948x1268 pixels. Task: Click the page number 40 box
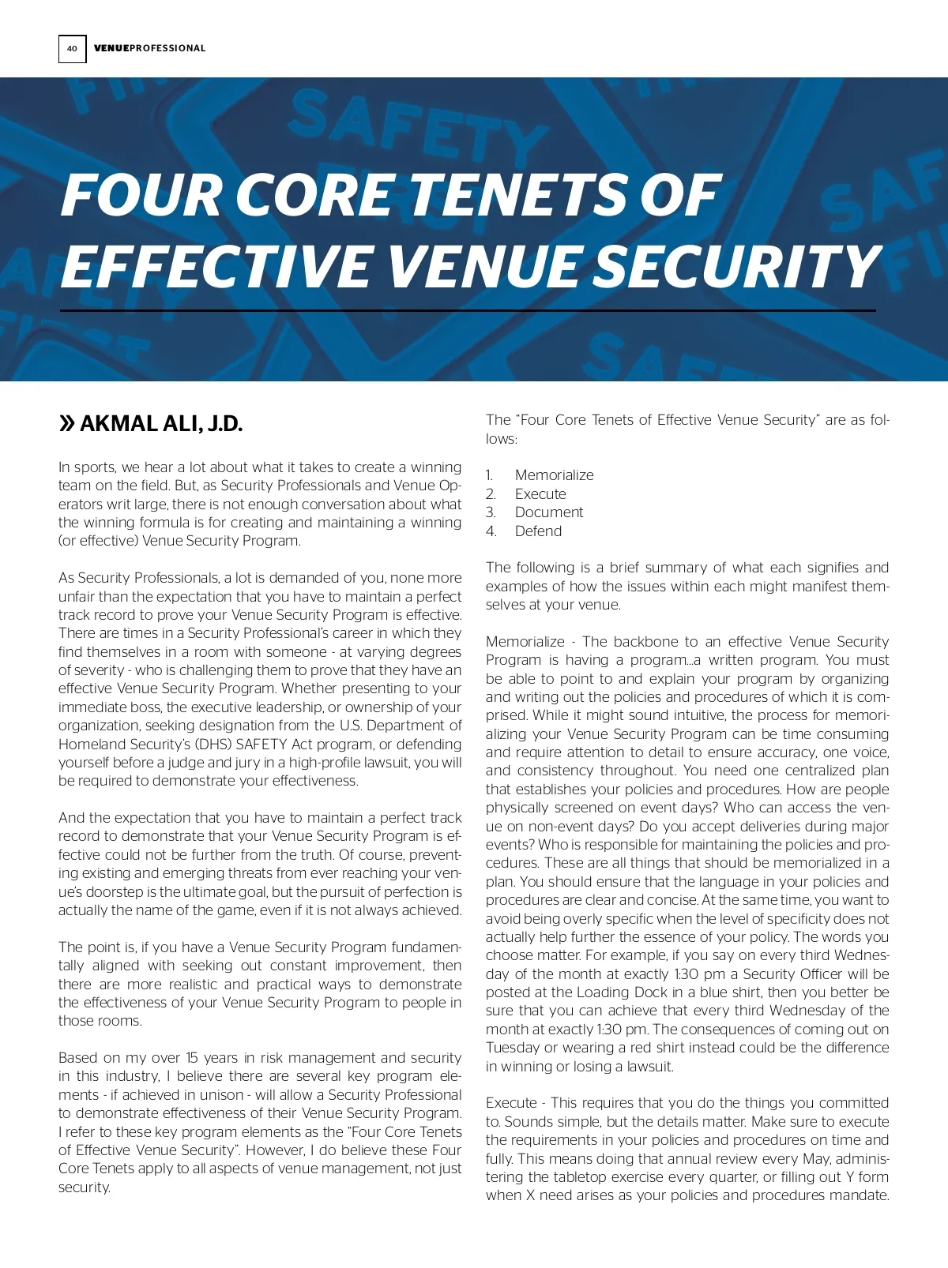click(x=72, y=49)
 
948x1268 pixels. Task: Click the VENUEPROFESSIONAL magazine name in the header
click(x=149, y=49)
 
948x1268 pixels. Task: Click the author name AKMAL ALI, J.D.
click(x=161, y=424)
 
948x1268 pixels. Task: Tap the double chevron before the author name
click(x=67, y=424)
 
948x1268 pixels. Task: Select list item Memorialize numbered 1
click(x=554, y=475)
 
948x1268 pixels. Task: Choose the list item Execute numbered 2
click(x=540, y=494)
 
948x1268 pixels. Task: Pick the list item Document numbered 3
click(x=549, y=512)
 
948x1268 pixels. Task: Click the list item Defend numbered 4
click(x=538, y=531)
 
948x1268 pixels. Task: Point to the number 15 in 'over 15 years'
click(x=192, y=1058)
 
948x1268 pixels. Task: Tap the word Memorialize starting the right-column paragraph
click(x=525, y=642)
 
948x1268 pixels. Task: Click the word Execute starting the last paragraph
click(x=511, y=1103)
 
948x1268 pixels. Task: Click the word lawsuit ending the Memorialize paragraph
click(x=649, y=1067)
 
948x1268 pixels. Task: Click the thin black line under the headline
click(x=468, y=311)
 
